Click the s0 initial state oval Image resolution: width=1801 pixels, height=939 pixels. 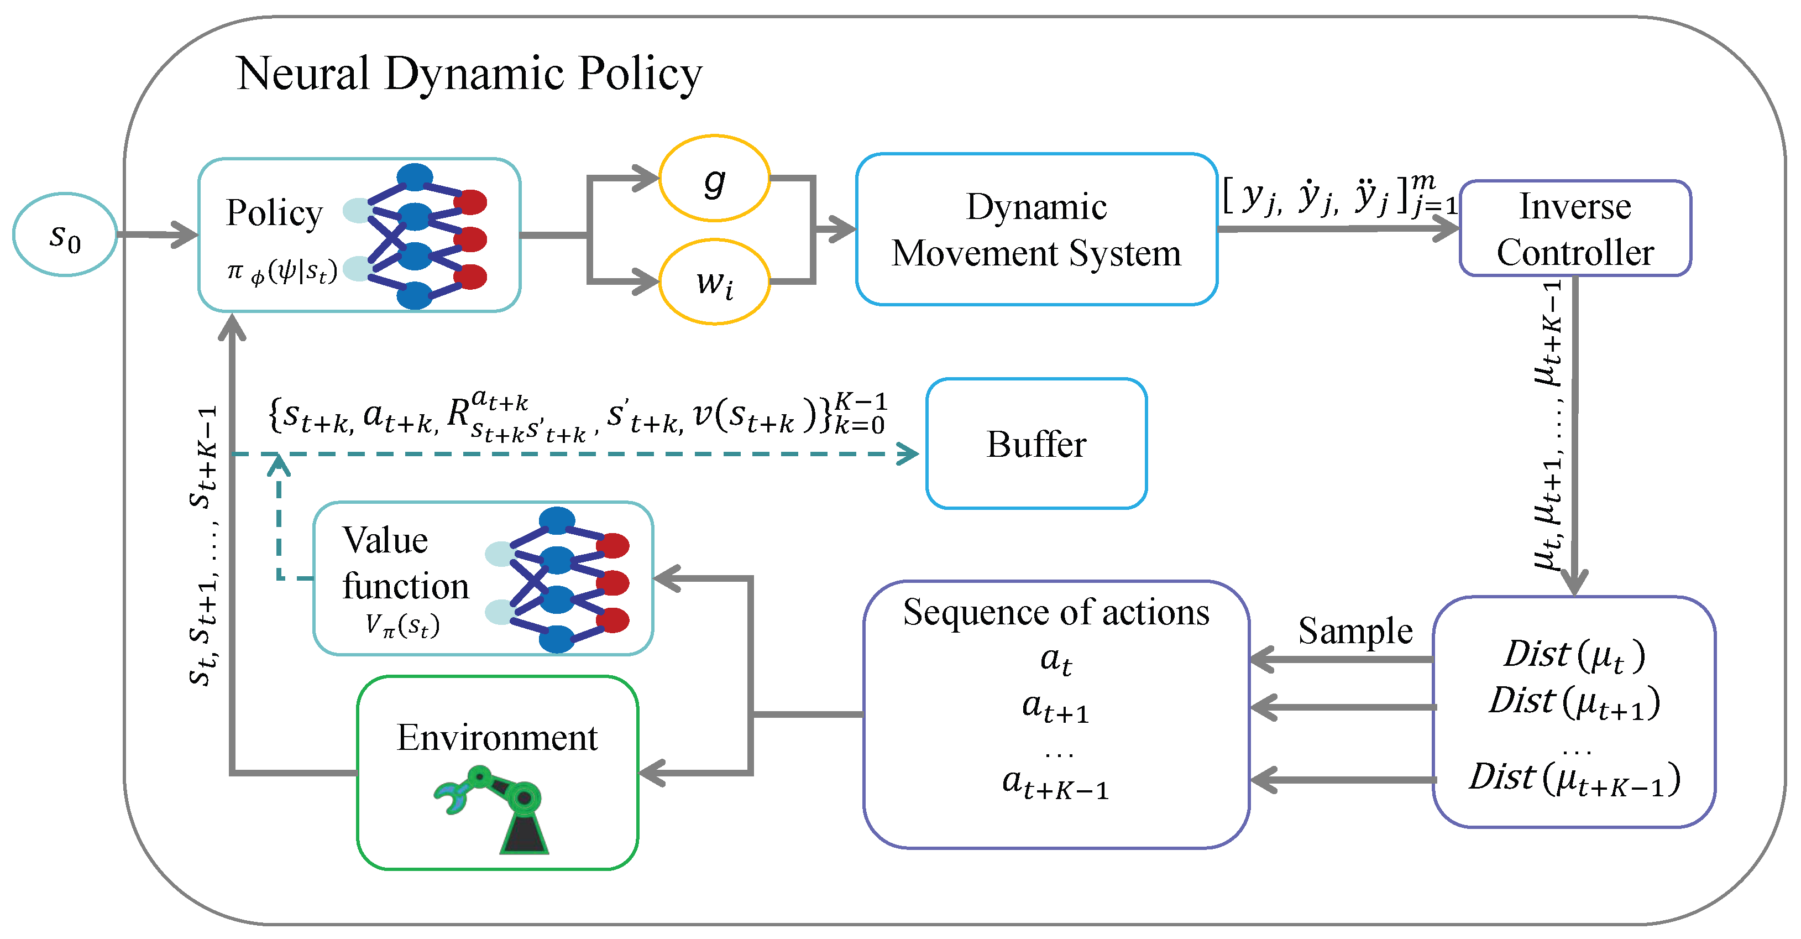pyautogui.click(x=64, y=236)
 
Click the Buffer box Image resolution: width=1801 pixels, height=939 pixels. pyautogui.click(x=1035, y=444)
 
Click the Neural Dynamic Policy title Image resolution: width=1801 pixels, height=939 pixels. pyautogui.click(x=468, y=74)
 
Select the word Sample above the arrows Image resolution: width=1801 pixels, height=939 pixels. pyautogui.click(x=1354, y=630)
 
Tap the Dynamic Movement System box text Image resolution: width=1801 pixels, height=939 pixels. pyautogui.click(x=1035, y=229)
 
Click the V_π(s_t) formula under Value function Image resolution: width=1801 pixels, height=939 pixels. pyautogui.click(x=402, y=624)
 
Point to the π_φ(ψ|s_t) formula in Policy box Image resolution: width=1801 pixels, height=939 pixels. pyautogui.click(x=282, y=272)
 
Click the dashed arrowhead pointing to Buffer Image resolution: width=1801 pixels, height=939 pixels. pyautogui.click(x=909, y=454)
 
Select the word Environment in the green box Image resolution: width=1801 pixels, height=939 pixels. pyautogui.click(x=496, y=738)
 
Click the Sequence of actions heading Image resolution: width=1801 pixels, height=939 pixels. pyautogui.click(x=1055, y=613)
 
